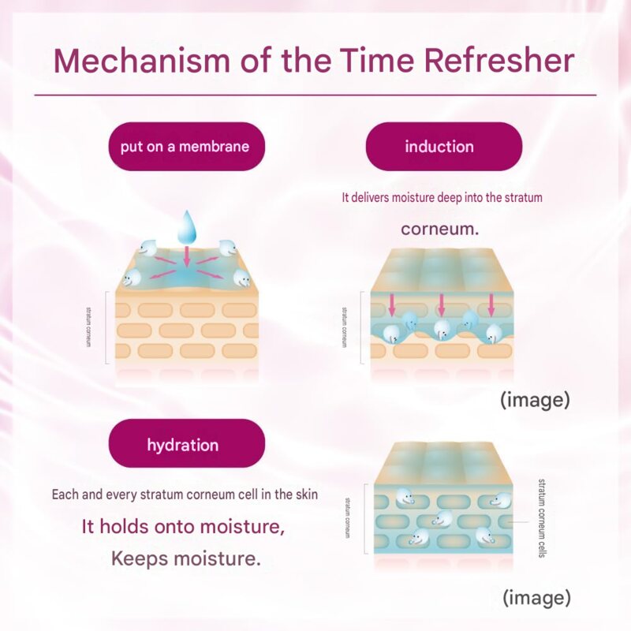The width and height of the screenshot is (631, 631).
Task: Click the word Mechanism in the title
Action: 142,61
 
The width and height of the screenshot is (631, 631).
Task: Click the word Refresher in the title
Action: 499,61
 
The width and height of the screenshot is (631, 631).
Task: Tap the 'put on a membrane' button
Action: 187,147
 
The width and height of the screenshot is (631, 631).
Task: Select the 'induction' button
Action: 444,147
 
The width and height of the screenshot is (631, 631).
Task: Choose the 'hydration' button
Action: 187,443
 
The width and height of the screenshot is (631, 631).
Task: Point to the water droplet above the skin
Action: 186,227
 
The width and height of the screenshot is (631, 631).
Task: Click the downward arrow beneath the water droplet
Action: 186,256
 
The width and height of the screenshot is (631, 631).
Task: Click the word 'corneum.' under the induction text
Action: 440,229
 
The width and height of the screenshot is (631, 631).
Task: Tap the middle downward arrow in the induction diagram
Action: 442,305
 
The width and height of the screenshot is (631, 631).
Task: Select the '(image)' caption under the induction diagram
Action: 536,400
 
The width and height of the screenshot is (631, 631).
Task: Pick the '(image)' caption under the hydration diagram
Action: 537,598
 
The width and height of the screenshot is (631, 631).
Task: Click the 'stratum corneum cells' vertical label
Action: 542,518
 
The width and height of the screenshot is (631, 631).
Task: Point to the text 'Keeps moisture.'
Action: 186,558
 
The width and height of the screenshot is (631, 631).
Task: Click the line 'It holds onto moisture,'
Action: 183,526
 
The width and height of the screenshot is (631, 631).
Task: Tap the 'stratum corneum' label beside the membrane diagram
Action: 88,327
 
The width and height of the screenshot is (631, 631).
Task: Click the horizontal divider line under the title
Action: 315,95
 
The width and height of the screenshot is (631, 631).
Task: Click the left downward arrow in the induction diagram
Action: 392,305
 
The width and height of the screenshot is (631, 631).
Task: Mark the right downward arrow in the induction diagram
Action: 491,305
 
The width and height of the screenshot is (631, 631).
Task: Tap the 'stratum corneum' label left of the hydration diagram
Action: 347,518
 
